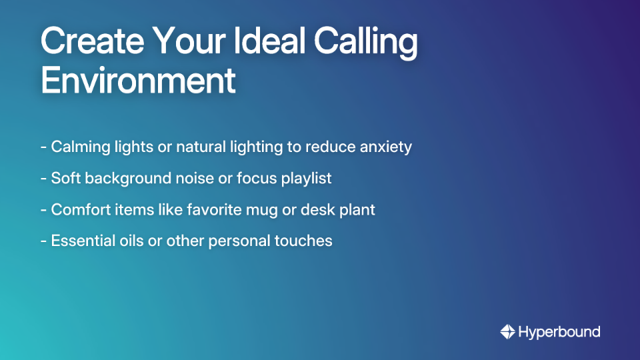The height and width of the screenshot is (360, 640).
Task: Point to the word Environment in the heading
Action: pos(138,81)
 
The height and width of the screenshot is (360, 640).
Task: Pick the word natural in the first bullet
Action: pos(201,147)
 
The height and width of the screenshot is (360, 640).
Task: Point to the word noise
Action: pos(193,178)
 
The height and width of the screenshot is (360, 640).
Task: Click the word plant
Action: pos(357,210)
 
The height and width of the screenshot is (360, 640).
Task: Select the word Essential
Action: pos(79,241)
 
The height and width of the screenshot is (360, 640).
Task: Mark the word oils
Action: pos(129,241)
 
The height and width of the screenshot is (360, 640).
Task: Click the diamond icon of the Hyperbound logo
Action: pos(507,331)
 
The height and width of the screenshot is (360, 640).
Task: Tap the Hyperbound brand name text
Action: pos(559,331)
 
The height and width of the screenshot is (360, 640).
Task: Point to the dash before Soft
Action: pos(43,179)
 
